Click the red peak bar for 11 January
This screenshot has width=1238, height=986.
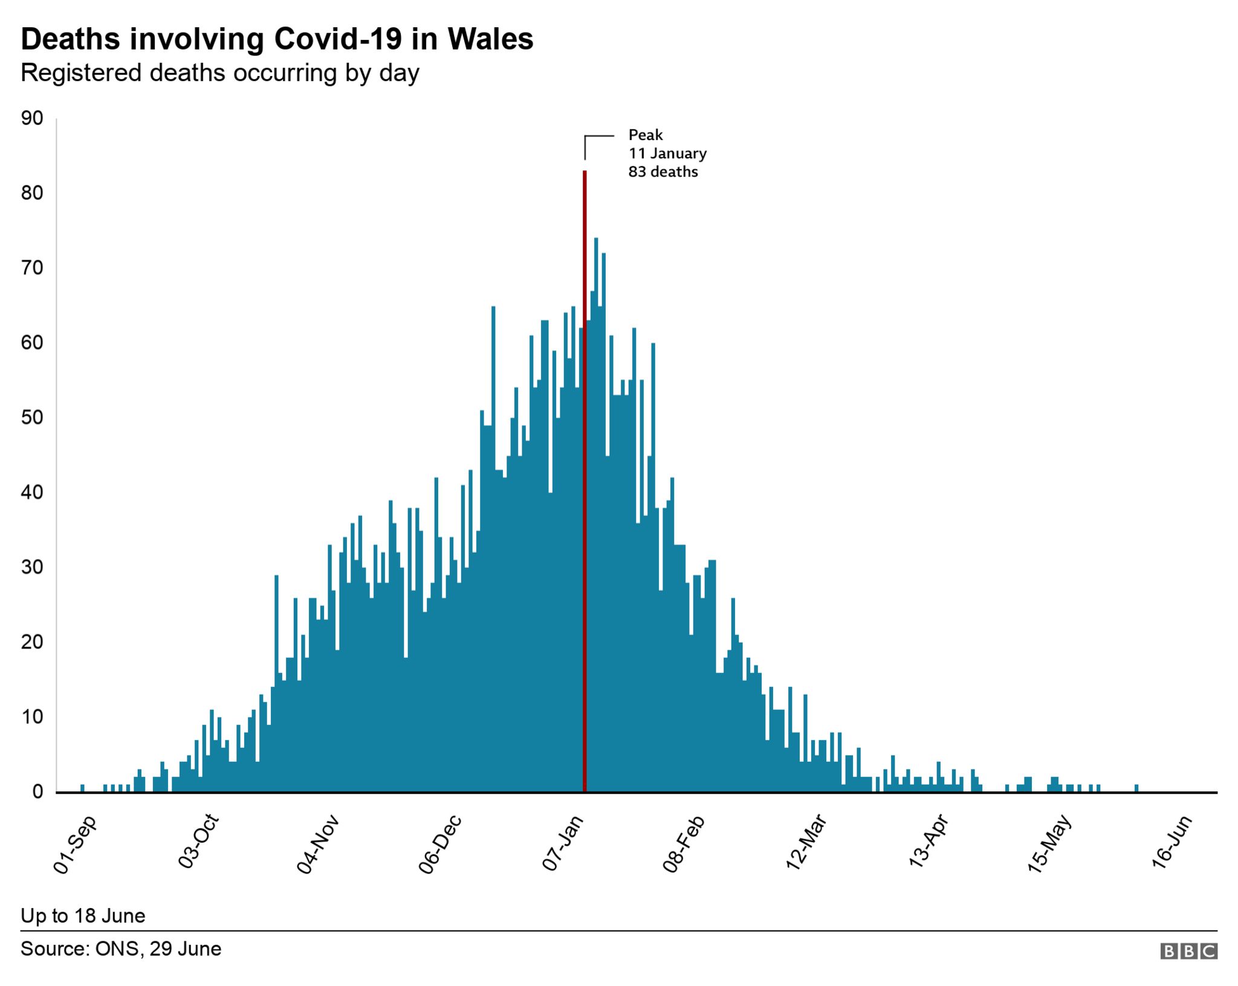point(585,483)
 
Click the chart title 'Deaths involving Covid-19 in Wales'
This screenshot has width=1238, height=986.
point(277,39)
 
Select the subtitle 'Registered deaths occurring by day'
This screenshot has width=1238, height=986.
point(220,73)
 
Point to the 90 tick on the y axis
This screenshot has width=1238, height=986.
point(32,118)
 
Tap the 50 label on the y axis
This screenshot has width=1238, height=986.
point(32,417)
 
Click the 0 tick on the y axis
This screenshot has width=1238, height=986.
point(37,791)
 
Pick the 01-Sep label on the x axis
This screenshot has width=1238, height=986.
point(75,845)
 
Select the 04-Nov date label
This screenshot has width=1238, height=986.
point(318,845)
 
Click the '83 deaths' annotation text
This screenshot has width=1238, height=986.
point(663,172)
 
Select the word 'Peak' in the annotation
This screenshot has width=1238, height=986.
point(646,135)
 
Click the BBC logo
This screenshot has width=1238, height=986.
point(1188,951)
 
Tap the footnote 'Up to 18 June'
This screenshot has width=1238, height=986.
point(83,916)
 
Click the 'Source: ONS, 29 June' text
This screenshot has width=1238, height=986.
point(121,949)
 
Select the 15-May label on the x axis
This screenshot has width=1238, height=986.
point(1049,845)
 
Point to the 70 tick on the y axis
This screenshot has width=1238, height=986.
point(32,268)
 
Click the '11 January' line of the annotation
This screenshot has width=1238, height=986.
point(667,153)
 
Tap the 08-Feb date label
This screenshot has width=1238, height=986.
point(684,845)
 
